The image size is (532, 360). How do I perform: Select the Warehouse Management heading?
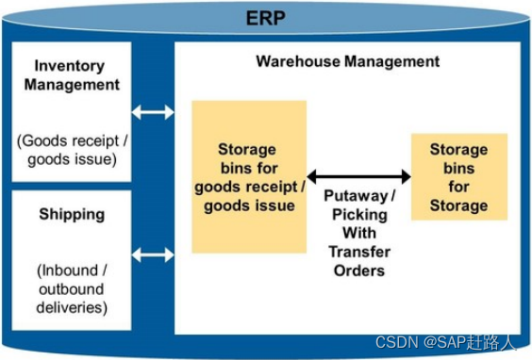coord(347,61)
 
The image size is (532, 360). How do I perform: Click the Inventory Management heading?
coord(72,75)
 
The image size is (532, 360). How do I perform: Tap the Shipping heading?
coord(72,214)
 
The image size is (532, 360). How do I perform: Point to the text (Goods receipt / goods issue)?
coord(72,149)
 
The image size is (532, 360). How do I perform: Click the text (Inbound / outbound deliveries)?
coord(72,289)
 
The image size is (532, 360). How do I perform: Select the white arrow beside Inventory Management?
coord(153,112)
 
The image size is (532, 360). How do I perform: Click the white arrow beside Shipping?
coord(153,254)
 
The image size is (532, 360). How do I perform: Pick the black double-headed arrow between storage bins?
coord(359,176)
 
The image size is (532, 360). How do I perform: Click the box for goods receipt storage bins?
coord(249,176)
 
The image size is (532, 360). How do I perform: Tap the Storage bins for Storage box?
coord(458,176)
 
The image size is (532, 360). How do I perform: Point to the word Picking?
coord(359,215)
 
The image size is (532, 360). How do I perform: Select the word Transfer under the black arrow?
coord(359,251)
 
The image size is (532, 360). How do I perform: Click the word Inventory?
coord(72,66)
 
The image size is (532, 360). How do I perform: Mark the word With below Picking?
coord(359,233)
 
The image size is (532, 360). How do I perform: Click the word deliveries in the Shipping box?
coord(72,307)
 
